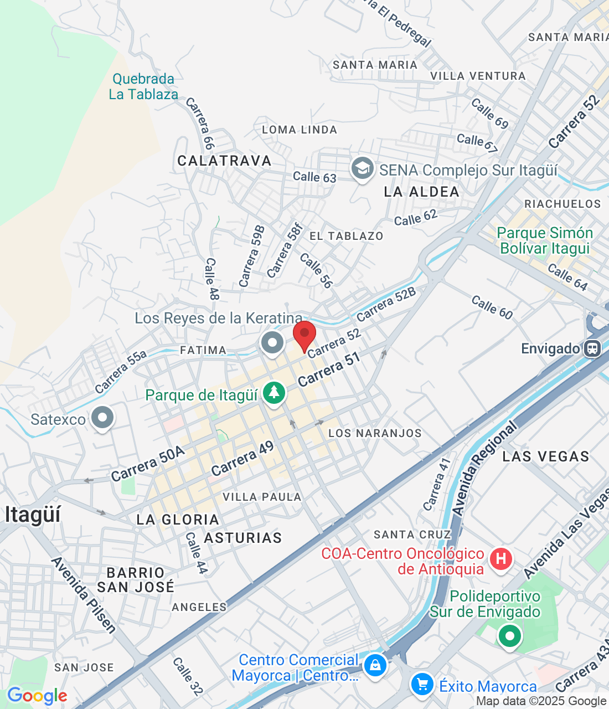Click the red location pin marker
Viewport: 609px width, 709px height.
(304, 335)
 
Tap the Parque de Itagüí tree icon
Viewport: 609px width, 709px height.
(273, 393)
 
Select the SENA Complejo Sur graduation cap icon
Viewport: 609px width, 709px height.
(362, 169)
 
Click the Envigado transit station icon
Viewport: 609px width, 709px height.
(592, 348)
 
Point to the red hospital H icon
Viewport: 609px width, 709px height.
(501, 558)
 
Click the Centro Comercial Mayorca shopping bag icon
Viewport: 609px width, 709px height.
(375, 664)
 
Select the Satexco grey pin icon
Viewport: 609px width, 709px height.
(102, 418)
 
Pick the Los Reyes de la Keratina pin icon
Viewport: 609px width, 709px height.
(272, 342)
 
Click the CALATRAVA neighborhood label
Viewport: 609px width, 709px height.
(224, 161)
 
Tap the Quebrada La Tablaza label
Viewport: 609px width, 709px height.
(143, 86)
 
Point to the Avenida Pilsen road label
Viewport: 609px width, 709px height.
(84, 595)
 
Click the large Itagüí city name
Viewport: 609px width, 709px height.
(33, 515)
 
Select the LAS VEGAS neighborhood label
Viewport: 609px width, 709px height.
(545, 456)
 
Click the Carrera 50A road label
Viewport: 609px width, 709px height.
(148, 464)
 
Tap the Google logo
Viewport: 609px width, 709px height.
(37, 695)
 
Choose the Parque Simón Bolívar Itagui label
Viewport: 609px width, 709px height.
(545, 240)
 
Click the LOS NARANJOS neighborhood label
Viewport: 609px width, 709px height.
(375, 433)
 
